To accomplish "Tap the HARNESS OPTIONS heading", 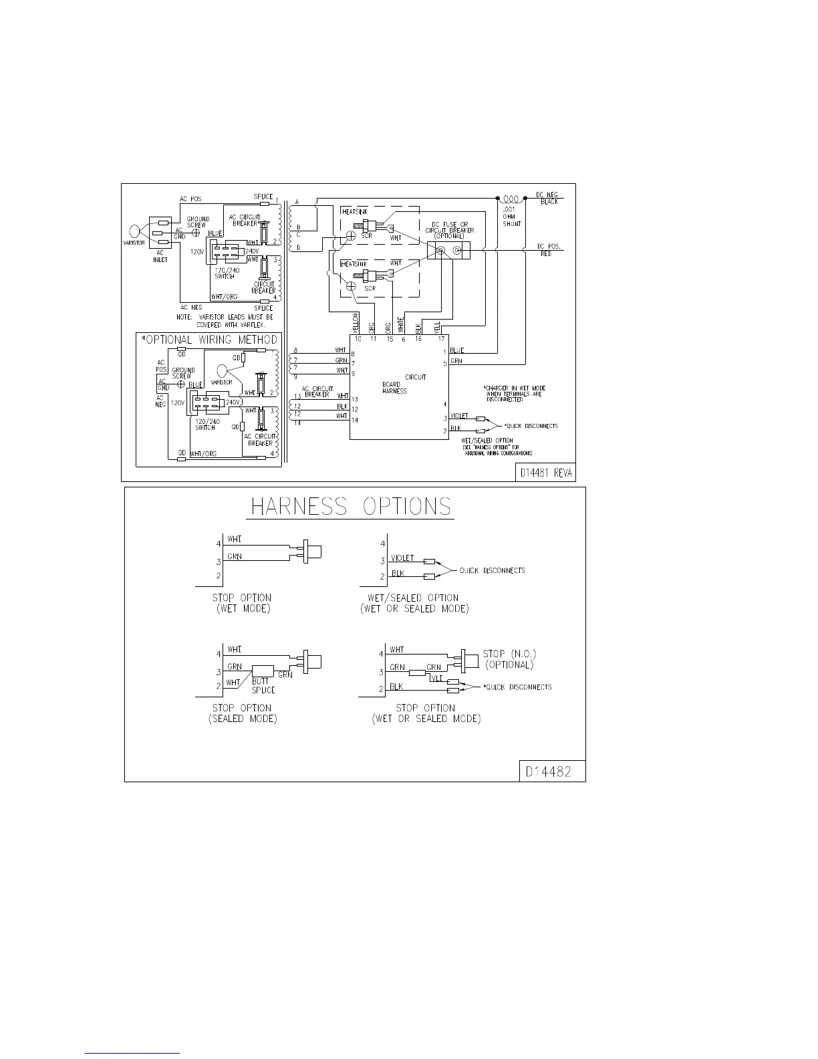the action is [351, 506].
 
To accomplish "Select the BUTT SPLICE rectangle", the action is [262, 671].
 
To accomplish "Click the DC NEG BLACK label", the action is [547, 198].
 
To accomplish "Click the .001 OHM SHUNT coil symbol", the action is [512, 199].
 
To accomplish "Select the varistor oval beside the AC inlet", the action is [135, 231].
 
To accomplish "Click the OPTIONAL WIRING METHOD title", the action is [209, 340].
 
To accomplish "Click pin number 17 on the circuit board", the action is [440, 339].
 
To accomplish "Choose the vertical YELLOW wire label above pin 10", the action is [356, 323].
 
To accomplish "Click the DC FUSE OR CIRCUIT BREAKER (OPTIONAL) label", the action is [450, 231].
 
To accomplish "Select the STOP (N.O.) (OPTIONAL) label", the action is [509, 659].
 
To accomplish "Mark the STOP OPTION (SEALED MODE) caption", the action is [242, 713].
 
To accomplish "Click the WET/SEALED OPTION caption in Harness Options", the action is [414, 603].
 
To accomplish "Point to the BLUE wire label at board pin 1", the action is [457, 350].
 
